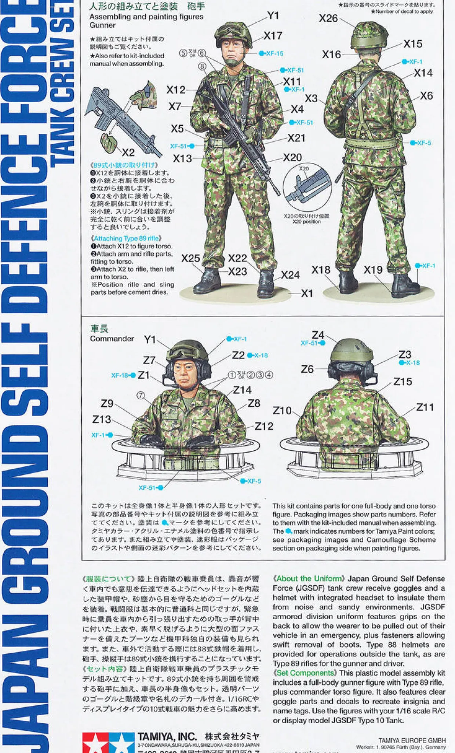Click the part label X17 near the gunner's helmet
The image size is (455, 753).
point(273,36)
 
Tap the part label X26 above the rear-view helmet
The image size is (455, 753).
point(328,18)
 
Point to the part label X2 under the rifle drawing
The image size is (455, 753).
point(128,152)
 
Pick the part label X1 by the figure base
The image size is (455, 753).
point(307,294)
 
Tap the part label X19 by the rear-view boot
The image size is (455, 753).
point(373,270)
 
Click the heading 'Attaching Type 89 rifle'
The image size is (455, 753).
point(126,238)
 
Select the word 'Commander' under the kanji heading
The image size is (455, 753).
point(112,339)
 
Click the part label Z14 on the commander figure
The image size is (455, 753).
point(242,390)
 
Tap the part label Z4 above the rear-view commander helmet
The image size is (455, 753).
point(318,335)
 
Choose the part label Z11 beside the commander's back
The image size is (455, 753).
point(425,407)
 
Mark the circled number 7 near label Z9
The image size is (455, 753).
point(141,395)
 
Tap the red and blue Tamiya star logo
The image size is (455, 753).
point(108,742)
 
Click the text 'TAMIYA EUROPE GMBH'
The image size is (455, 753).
point(412,741)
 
